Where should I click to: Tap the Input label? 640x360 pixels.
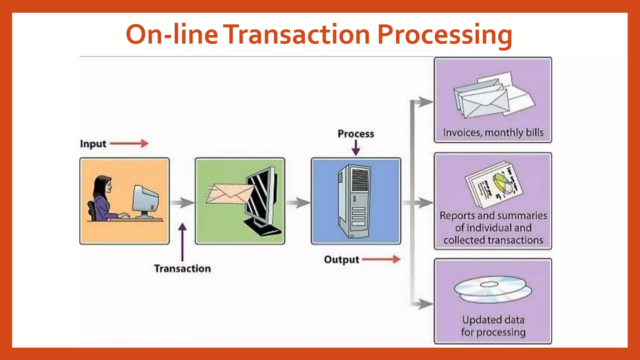tap(93, 144)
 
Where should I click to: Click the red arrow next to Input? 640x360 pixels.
tap(129, 143)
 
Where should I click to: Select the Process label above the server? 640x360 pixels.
tap(356, 134)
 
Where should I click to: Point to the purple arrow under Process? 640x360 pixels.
tap(356, 148)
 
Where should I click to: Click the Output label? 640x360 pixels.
tap(341, 260)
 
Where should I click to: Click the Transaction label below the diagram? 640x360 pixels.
tap(182, 269)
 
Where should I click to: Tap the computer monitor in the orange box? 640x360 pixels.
tap(145, 200)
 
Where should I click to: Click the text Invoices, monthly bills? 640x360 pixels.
tap(493, 132)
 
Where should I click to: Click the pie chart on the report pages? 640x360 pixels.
tap(503, 184)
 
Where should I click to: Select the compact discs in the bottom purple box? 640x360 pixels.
tap(493, 289)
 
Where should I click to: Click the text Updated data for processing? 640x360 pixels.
tap(493, 326)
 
